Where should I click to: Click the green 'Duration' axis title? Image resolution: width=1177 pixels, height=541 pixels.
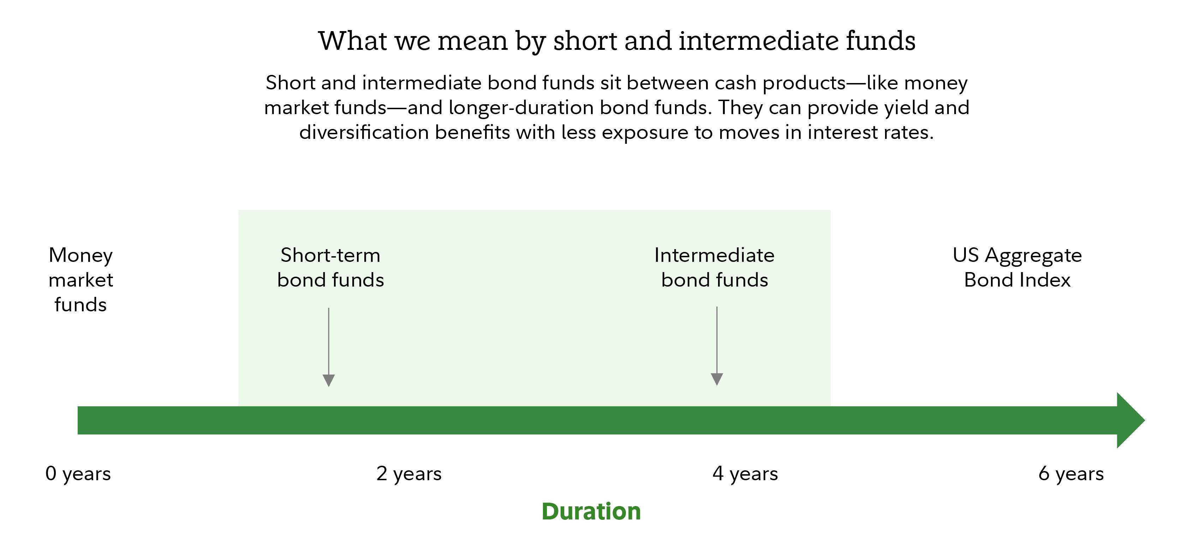[591, 511]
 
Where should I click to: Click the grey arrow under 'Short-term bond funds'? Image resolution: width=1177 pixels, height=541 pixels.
[329, 348]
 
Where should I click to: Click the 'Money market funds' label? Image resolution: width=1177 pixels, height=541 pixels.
[81, 280]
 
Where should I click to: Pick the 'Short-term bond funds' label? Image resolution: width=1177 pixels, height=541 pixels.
[330, 267]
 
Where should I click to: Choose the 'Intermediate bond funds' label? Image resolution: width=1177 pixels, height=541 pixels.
[715, 267]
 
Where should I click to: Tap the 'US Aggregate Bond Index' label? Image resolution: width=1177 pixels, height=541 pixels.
[1017, 267]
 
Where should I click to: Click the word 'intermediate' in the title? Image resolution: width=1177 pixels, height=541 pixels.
[758, 41]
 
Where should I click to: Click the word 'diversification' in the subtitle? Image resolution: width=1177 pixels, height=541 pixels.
[364, 132]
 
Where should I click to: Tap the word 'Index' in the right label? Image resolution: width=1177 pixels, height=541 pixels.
[1048, 280]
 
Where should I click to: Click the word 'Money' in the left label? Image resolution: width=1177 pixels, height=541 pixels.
[81, 255]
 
